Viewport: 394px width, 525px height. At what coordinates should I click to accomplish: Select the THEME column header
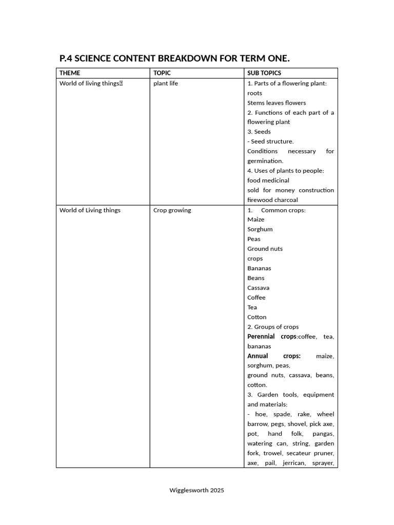70,73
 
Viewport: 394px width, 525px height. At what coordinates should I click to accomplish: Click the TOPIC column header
162,73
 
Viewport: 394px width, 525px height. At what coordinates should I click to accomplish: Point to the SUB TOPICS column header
264,73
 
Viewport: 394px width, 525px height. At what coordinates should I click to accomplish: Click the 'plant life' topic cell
166,83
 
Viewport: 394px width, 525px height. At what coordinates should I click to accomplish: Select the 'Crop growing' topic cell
172,210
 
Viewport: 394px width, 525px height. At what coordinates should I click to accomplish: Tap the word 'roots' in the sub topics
254,93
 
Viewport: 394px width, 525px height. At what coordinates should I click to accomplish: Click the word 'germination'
265,161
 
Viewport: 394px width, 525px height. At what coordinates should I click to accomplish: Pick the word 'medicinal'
277,180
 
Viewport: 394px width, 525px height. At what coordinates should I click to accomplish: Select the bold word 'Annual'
258,356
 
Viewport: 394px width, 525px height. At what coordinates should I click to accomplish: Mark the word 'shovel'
298,424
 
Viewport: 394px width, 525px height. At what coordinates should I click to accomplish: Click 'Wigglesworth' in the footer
188,490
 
